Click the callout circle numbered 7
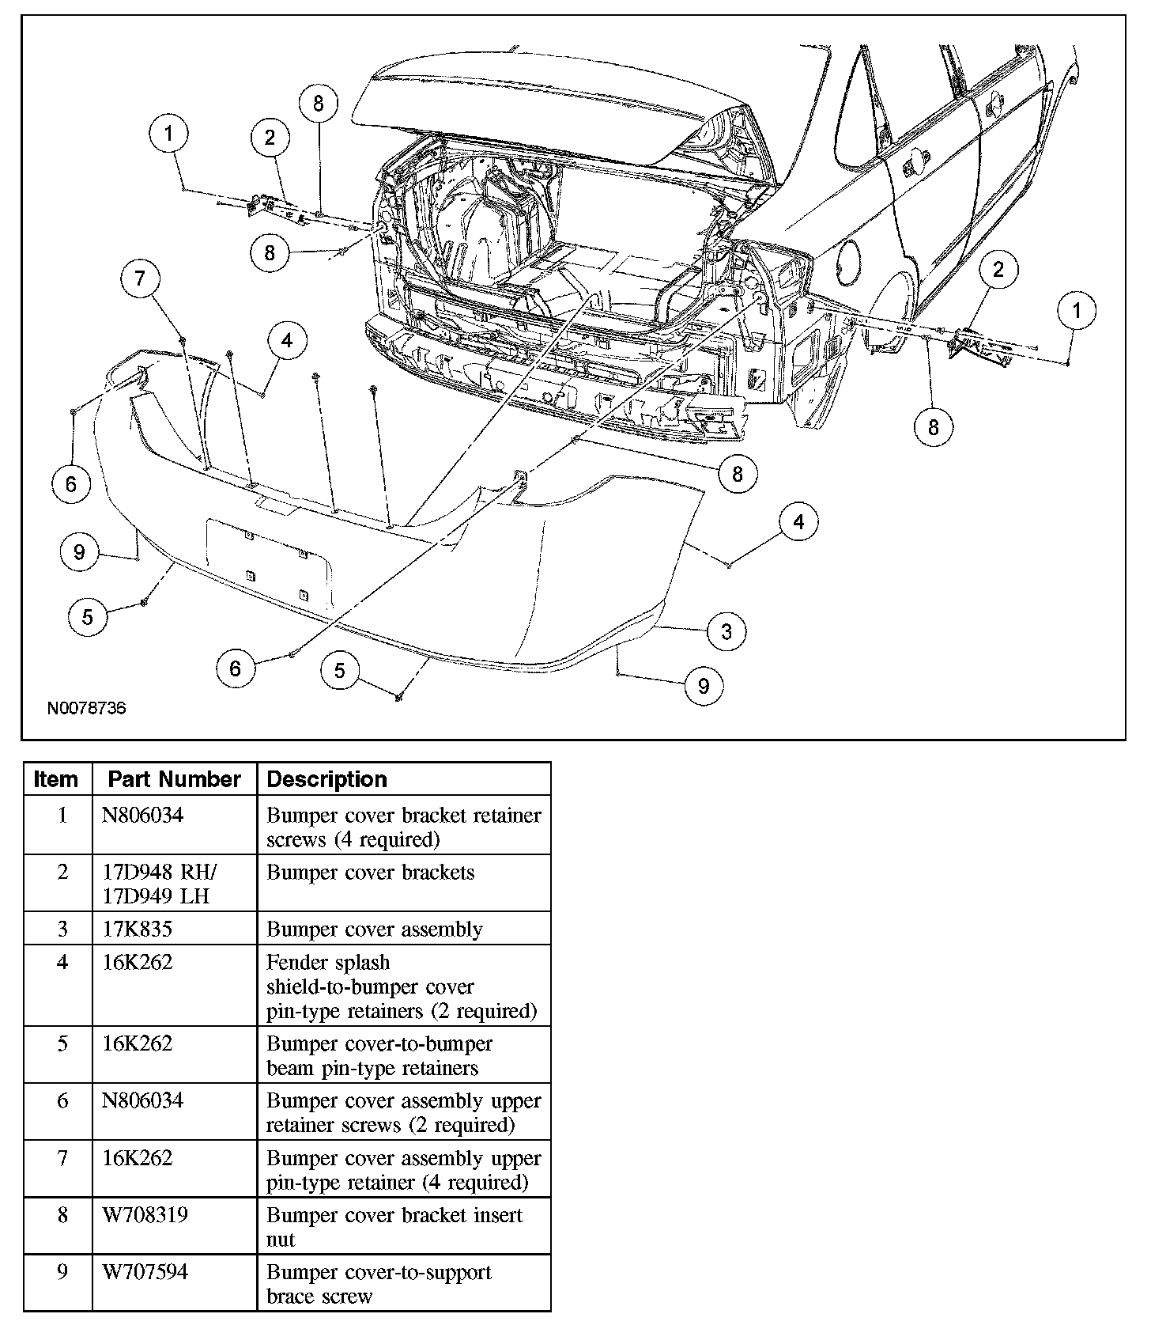coord(140,278)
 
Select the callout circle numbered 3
coord(726,630)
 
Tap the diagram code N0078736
coord(86,707)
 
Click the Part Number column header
coord(174,779)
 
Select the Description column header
coord(326,779)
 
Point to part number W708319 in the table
coord(145,1214)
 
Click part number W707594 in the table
coord(145,1272)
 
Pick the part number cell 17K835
coord(137,929)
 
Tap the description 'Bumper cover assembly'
coord(374,929)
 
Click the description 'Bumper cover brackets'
coord(370,873)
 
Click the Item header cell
coord(56,779)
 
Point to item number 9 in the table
coord(62,1272)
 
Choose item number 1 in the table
coord(62,815)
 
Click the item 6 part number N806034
coord(142,1100)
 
